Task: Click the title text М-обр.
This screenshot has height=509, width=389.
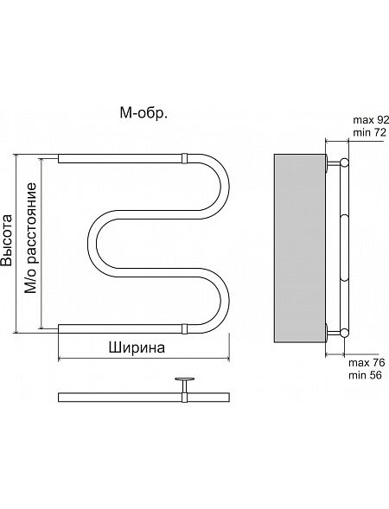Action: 143,113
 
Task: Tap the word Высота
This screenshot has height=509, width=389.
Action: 7,240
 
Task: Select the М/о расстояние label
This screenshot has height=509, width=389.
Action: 31,239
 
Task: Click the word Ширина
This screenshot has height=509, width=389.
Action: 137,347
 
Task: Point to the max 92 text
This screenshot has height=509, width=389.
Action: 371,120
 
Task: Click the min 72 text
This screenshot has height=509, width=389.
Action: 369,132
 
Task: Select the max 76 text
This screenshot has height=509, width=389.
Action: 367,363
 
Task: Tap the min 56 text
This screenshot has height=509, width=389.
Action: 365,375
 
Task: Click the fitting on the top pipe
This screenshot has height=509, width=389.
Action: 184,158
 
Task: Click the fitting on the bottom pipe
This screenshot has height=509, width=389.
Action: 184,328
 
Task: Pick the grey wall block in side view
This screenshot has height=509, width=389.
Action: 300,248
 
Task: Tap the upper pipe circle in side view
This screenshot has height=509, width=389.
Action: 345,162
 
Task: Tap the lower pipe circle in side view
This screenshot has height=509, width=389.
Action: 344,333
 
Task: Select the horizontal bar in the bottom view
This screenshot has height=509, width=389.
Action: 143,398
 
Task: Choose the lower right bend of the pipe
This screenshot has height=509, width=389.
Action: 225,300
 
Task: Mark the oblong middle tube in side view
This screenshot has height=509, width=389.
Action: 344,247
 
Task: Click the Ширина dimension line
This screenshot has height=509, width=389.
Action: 143,359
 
